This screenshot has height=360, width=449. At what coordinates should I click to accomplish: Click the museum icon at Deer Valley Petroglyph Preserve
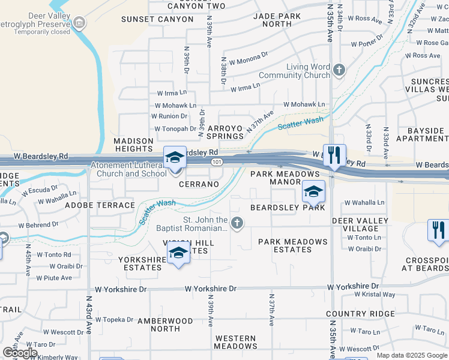pyautogui.click(x=79, y=23)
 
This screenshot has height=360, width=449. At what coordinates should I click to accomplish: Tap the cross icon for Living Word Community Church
pyautogui.click(x=339, y=70)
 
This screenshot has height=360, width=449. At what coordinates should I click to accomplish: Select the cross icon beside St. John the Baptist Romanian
pyautogui.click(x=237, y=224)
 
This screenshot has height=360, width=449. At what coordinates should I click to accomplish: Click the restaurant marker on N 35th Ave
pyautogui.click(x=334, y=155)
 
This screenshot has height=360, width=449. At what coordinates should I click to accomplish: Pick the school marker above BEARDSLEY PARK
pyautogui.click(x=313, y=192)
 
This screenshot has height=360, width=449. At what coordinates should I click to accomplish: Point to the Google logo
pyautogui.click(x=20, y=353)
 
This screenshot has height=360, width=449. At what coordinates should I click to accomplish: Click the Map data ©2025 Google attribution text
pyautogui.click(x=411, y=355)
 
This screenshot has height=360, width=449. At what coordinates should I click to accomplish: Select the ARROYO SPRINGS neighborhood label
pyautogui.click(x=226, y=132)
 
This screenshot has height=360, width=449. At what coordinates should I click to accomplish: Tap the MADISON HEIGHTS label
pyautogui.click(x=133, y=145)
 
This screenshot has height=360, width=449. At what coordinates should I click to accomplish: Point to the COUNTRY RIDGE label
pyautogui.click(x=360, y=314)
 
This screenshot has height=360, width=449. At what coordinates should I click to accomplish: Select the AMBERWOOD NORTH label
pyautogui.click(x=166, y=325)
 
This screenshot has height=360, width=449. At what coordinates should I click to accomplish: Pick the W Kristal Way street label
pyautogui.click(x=375, y=295)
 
